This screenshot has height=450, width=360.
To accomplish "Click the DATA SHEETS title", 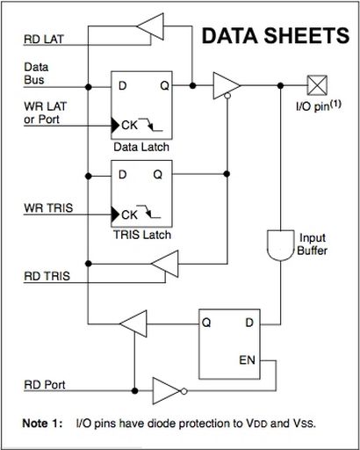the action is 276,36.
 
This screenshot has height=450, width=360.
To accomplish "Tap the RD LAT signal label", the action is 44,39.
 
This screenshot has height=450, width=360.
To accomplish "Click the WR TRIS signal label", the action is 48,208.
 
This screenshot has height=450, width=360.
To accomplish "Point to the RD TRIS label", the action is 47,276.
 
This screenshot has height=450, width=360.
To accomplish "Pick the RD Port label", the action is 45,385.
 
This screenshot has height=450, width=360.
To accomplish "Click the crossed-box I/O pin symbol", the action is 317,85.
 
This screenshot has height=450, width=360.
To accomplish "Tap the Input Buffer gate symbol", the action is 280,245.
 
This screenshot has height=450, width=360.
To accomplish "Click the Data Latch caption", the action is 141,147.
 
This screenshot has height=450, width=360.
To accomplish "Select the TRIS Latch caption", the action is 142,235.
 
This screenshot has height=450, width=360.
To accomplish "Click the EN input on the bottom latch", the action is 248,360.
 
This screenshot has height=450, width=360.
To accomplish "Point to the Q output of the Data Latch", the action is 165,86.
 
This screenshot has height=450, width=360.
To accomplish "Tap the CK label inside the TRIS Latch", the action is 129,214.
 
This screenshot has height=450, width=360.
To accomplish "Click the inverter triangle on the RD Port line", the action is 166,391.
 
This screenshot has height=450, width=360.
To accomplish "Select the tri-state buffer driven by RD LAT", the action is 150,26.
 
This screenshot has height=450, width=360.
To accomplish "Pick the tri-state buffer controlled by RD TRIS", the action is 164,264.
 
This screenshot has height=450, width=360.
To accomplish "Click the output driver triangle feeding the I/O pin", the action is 227,85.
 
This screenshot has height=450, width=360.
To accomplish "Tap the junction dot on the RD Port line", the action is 134,391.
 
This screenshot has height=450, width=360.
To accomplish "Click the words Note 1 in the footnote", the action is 42,424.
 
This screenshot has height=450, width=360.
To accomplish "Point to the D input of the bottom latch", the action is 249,323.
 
